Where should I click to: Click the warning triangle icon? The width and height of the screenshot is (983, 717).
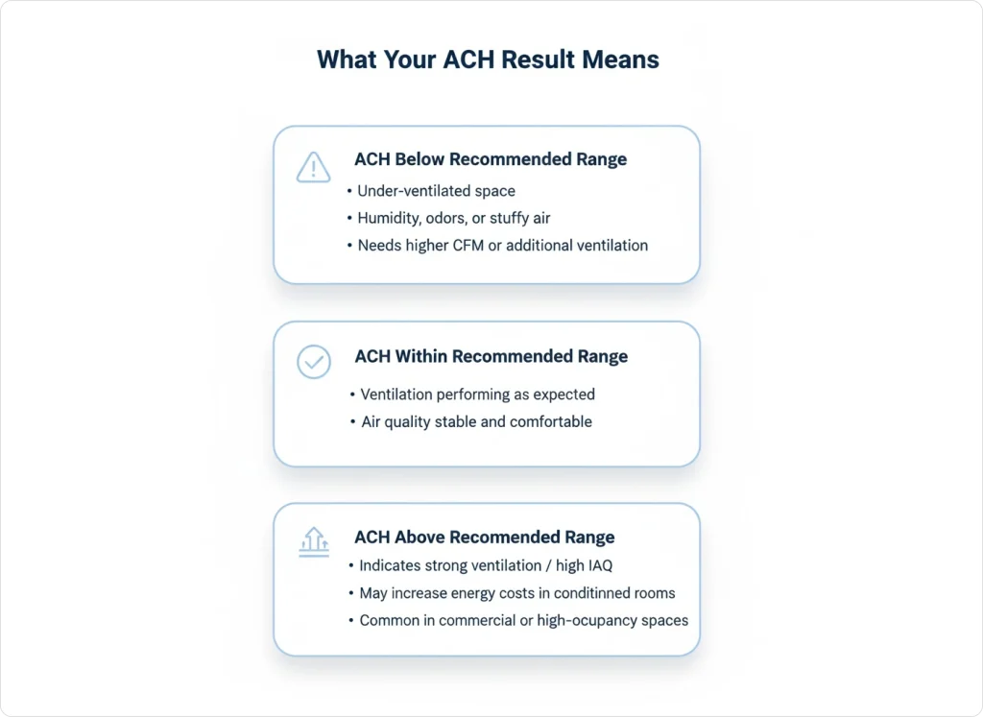[x=314, y=168]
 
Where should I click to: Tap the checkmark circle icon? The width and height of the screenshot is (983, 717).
[x=314, y=362]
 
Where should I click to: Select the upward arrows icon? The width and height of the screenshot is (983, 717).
[x=314, y=542]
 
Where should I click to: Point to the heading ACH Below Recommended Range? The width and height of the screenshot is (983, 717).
[x=490, y=159]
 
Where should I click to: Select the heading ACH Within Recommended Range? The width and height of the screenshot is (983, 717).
[x=491, y=356]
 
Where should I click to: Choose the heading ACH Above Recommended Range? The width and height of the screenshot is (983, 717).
[x=484, y=538]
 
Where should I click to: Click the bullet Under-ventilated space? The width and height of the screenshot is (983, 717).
[x=436, y=191]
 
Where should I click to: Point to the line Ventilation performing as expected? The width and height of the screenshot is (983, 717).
[x=477, y=394]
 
